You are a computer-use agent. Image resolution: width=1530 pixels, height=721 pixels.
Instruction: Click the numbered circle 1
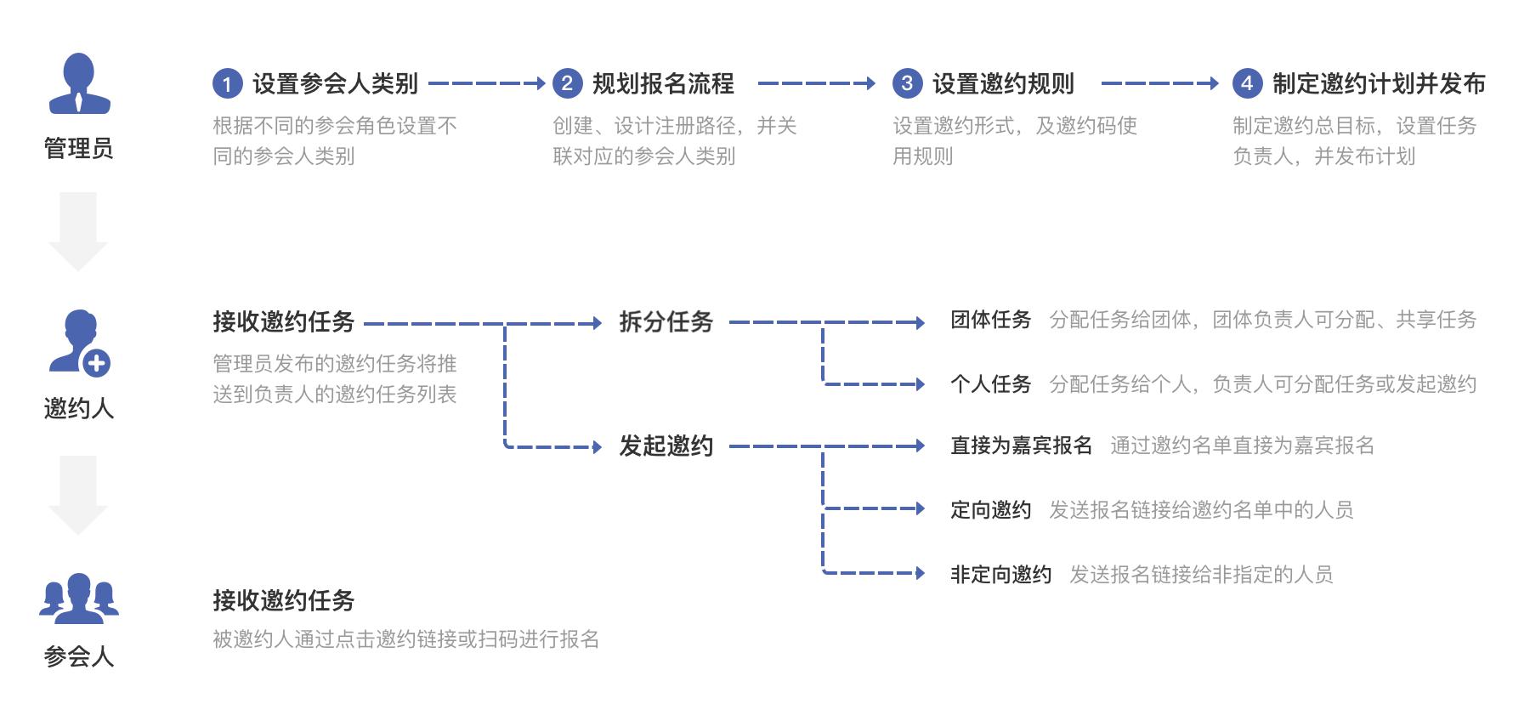227,83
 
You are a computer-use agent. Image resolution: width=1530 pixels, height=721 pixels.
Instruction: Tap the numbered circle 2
567,83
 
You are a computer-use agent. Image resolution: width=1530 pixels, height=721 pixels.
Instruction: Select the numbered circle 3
907,83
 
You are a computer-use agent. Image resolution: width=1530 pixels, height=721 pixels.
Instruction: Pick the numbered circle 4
1247,83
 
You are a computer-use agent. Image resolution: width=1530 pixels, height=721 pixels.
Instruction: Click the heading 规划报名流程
663,83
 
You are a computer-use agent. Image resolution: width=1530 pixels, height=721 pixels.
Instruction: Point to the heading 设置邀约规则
1003,83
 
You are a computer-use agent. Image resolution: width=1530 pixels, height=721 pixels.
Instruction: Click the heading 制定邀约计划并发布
1379,83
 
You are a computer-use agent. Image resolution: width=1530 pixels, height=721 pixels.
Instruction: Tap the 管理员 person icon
79,84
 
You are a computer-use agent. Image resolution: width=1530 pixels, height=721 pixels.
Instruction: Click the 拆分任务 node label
666,322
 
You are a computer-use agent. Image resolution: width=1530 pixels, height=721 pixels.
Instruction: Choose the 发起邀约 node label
666,446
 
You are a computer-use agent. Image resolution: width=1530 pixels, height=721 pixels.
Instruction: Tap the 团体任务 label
990,320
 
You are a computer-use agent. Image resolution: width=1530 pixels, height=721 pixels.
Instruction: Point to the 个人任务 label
990,384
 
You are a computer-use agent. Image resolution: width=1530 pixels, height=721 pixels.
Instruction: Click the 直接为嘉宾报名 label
1021,446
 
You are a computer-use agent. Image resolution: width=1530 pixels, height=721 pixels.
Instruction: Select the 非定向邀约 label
1000,575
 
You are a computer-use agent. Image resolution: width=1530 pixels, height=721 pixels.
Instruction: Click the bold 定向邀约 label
990,510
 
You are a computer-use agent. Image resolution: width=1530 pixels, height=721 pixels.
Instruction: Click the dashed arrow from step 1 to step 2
486,83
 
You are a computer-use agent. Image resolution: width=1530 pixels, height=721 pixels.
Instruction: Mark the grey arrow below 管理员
78,230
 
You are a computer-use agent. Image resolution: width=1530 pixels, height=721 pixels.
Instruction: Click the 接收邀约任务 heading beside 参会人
283,601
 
